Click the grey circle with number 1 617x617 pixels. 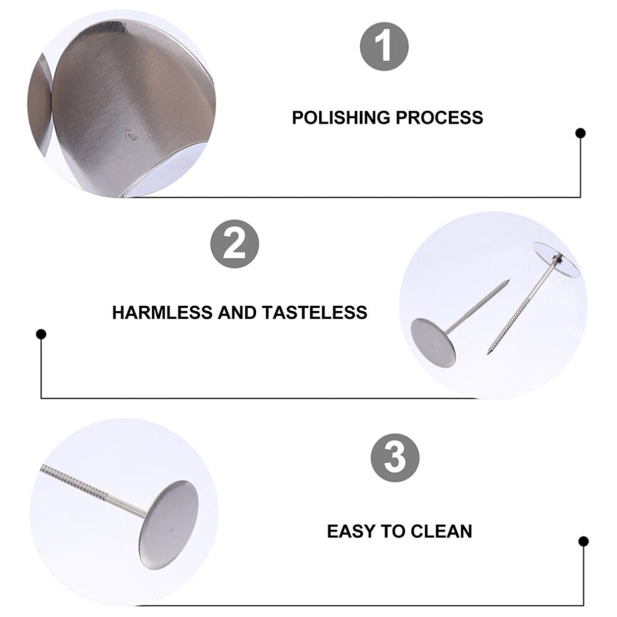384,47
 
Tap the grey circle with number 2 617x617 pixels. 234,244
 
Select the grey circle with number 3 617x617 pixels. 395,458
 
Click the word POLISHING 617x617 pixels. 341,118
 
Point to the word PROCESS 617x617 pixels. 439,118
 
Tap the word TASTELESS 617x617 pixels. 314,313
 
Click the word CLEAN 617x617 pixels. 441,531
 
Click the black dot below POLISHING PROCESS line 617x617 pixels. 580,133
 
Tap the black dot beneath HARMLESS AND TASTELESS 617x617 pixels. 41,334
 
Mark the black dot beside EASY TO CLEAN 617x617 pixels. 583,542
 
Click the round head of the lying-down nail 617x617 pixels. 433,343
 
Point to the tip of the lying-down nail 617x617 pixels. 509,280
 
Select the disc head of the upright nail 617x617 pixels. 556,259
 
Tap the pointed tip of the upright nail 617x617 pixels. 488,354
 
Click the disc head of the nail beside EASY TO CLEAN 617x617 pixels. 168,525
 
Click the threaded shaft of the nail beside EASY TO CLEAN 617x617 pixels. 74,482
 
